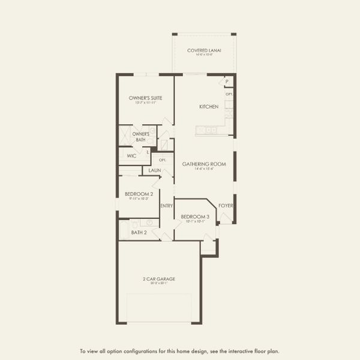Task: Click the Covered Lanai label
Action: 203,50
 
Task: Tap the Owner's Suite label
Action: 146,97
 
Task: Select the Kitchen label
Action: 209,107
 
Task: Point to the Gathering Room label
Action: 203,164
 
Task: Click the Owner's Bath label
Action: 141,136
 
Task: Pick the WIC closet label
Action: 131,155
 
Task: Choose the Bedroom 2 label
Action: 139,194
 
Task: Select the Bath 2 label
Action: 139,232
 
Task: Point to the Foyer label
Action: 226,206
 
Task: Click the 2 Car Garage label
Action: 159,278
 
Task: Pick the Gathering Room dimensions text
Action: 203,169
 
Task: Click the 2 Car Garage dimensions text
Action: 159,284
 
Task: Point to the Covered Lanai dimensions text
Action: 203,56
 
